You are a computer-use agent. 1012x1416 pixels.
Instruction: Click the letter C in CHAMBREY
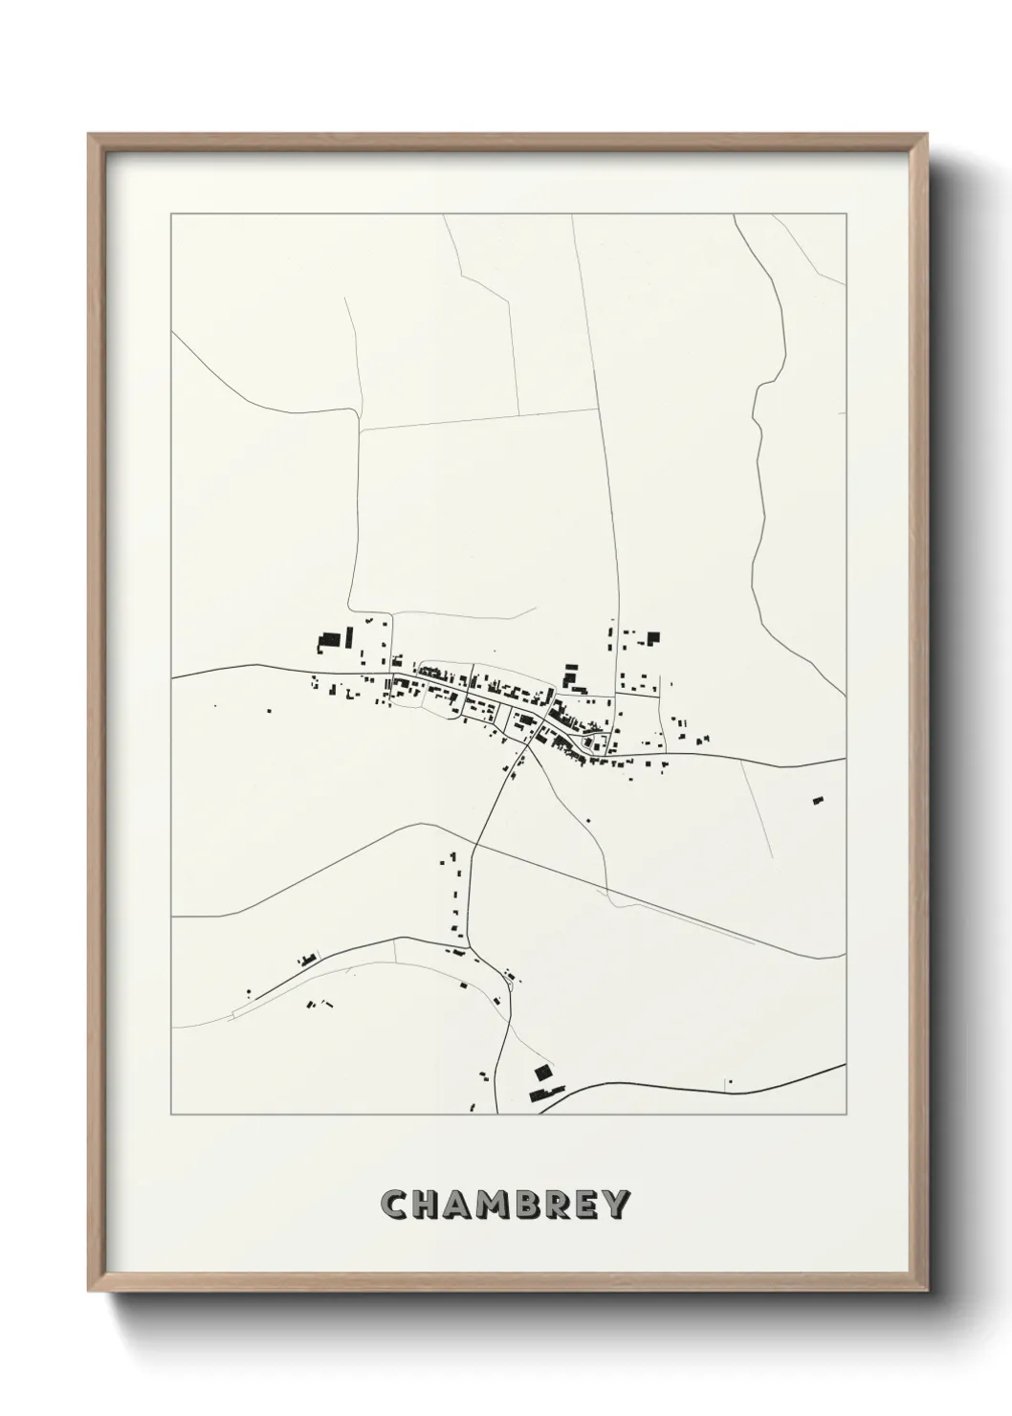394,1205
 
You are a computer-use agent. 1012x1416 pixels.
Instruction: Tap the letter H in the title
428,1205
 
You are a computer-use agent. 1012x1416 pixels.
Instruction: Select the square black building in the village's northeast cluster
654,637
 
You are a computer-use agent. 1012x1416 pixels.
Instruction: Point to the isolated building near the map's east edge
817,800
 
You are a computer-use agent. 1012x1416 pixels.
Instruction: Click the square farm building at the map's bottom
542,1072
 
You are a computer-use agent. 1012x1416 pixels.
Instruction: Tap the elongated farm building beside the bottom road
549,1090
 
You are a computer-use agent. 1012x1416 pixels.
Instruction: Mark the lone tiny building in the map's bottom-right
729,1082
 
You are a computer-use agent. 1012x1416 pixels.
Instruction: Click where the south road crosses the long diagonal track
471,849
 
